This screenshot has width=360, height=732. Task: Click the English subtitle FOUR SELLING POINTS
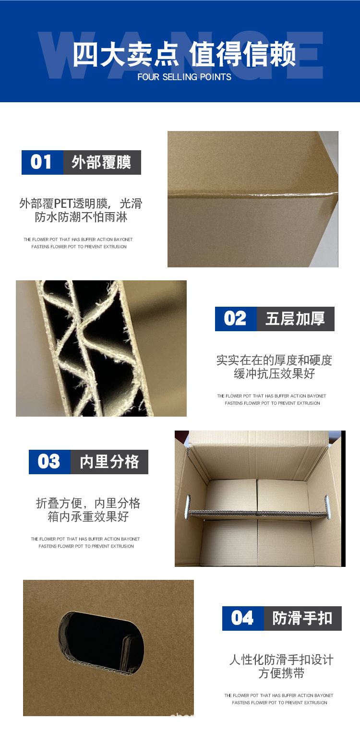click(x=184, y=77)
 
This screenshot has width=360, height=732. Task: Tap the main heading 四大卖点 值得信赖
click(x=184, y=54)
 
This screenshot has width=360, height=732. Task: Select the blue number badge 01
click(x=42, y=162)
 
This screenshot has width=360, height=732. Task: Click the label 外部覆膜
click(x=102, y=162)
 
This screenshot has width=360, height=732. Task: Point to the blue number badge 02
click(x=236, y=319)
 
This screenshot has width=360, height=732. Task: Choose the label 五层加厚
click(x=295, y=319)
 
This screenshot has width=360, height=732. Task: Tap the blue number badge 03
click(x=49, y=462)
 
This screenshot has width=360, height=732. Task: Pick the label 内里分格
click(x=109, y=462)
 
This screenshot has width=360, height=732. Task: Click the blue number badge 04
click(x=243, y=618)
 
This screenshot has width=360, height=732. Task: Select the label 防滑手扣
click(x=302, y=618)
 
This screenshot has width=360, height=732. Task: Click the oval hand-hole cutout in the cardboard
click(x=101, y=643)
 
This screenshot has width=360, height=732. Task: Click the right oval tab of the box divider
click(x=327, y=507)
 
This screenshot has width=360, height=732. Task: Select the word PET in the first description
click(x=63, y=203)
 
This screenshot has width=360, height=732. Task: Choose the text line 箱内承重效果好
click(x=88, y=517)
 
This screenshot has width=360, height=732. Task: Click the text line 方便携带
click(x=281, y=673)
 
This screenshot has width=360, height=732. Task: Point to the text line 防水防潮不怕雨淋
click(x=81, y=217)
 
